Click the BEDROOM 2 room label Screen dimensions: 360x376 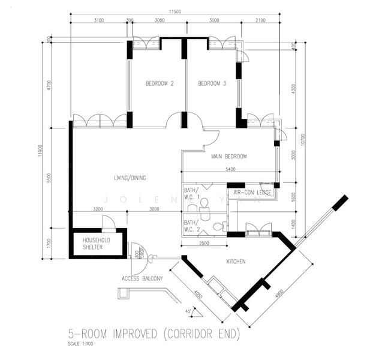(x=160, y=84)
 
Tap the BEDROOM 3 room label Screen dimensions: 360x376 (x=212, y=84)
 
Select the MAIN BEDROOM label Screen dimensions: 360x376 (x=228, y=157)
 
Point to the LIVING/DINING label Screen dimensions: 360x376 (x=130, y=178)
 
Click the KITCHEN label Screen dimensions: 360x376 (x=236, y=262)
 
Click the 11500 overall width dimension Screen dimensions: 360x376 (x=175, y=11)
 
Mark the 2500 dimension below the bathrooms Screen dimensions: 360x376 (x=204, y=244)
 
